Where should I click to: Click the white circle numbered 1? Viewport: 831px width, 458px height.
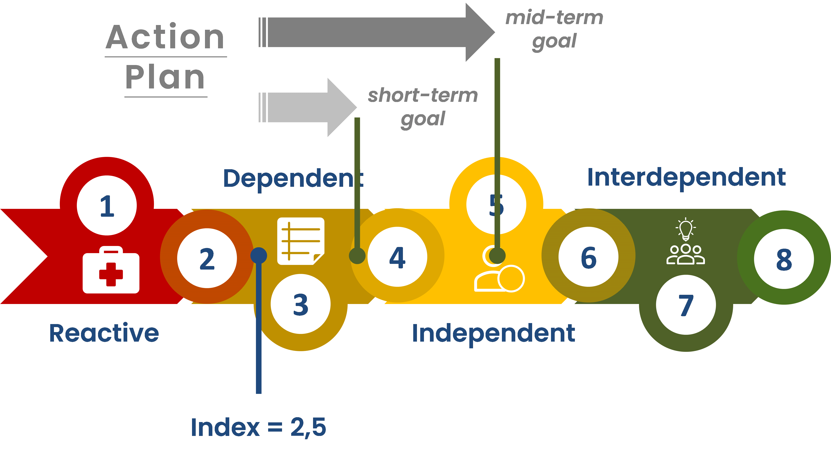107,205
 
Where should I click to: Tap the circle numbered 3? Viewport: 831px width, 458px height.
300,304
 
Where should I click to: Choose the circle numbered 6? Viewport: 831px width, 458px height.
588,257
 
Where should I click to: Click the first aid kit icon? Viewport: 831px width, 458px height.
111,270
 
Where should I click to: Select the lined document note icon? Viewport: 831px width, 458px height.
301,241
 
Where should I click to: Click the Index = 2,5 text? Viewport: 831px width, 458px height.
258,427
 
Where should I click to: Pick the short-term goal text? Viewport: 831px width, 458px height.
423,107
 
